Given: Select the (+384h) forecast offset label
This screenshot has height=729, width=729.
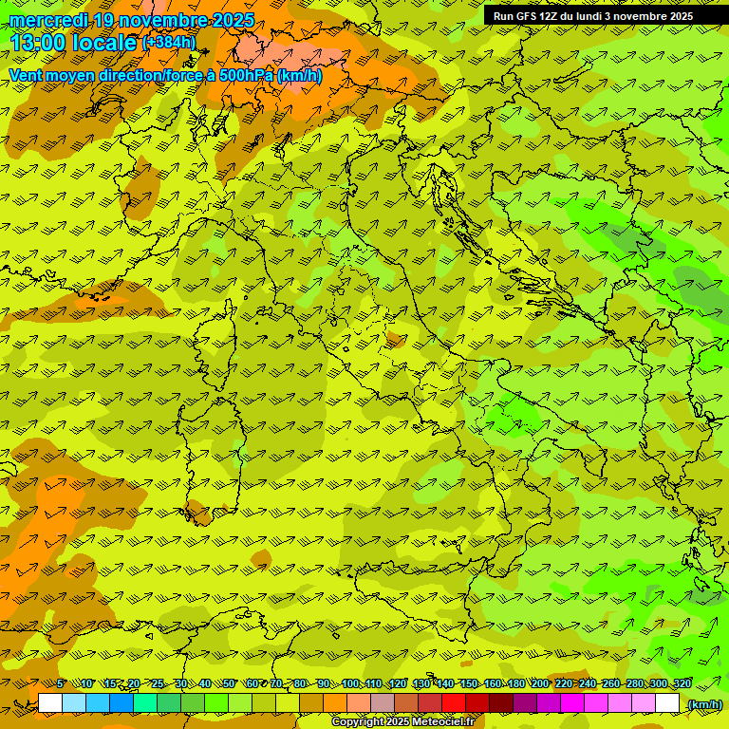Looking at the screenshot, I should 169,43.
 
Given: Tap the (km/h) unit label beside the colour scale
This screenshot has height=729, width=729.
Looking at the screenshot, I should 703,704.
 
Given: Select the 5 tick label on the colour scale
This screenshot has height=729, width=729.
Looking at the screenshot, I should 60,684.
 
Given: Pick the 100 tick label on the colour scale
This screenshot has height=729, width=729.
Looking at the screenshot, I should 350,684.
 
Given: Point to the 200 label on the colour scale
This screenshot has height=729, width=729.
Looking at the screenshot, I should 540,684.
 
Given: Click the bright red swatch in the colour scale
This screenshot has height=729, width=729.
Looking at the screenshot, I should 454,703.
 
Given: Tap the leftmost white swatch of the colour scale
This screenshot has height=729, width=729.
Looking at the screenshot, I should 50,703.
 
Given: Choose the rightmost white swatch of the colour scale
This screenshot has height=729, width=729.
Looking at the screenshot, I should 667,703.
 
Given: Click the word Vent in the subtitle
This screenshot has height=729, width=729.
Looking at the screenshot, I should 26,75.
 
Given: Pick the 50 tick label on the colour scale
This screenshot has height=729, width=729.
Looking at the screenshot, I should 229,684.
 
